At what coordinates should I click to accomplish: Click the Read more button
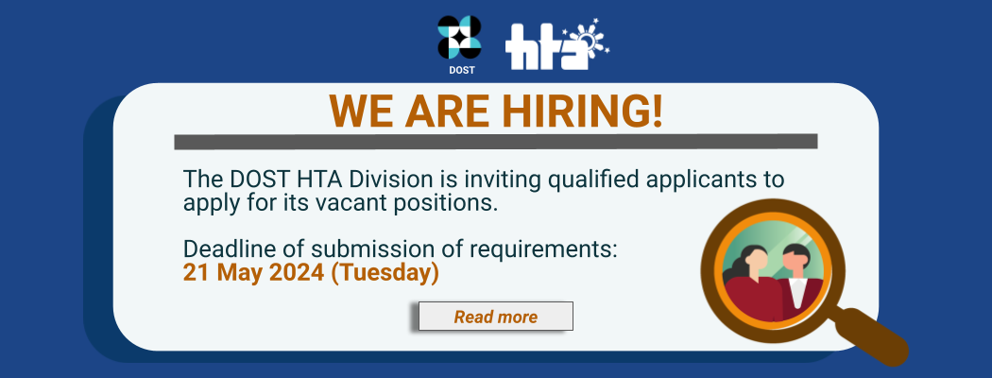click(x=495, y=316)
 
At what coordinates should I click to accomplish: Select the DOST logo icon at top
click(x=459, y=38)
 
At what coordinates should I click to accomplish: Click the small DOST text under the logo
click(x=461, y=70)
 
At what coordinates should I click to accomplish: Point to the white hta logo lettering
click(x=543, y=46)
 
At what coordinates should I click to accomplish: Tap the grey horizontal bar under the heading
click(x=496, y=142)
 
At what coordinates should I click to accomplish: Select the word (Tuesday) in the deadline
click(x=385, y=273)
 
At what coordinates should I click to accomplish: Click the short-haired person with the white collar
click(x=796, y=282)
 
